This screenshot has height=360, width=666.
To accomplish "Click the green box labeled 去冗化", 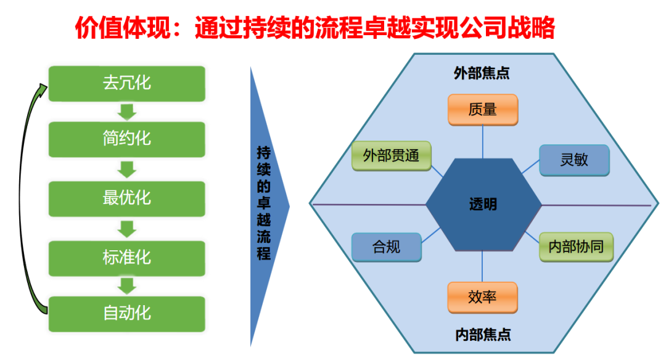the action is (126, 84).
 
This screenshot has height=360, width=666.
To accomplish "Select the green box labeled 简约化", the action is (126, 139).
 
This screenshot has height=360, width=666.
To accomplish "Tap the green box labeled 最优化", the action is (126, 198).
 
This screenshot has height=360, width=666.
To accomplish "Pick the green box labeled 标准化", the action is (126, 258).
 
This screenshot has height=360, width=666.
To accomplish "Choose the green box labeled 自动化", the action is (126, 314).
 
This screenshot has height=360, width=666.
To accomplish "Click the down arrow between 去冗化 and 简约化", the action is (126, 112).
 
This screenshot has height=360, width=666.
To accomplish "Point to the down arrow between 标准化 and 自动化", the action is (126, 286).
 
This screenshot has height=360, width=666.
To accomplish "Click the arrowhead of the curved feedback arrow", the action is (43, 89).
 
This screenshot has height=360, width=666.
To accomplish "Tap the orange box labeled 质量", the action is (483, 110).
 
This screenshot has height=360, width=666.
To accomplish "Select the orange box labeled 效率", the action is (482, 297).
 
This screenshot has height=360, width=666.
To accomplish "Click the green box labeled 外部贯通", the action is (391, 156).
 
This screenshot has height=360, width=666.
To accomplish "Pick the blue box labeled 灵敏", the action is (574, 160).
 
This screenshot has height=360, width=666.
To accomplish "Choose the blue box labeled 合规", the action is (387, 247).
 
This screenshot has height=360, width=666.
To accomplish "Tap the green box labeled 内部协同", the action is (576, 247).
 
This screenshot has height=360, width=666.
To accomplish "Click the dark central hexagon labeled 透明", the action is (483, 205).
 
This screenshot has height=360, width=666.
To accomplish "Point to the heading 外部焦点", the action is (481, 73).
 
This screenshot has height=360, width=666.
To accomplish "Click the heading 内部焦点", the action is (483, 335).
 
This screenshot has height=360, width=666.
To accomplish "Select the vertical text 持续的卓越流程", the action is (264, 203).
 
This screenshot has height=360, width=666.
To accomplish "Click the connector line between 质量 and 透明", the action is (482, 142).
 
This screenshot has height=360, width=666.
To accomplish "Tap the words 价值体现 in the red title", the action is (123, 28).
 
